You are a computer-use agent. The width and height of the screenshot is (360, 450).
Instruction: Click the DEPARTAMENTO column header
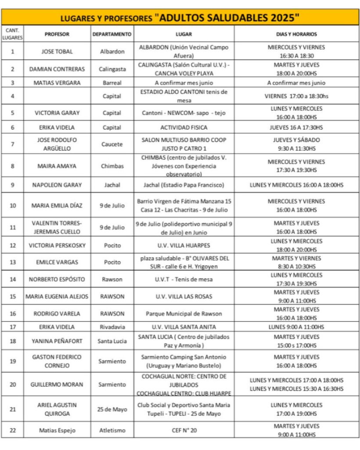coord(112,34)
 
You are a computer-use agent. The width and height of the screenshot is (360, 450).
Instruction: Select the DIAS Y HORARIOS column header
coord(296,34)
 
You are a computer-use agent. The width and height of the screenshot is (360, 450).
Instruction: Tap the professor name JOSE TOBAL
coord(57,51)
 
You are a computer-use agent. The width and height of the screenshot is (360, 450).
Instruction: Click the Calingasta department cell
coord(112,69)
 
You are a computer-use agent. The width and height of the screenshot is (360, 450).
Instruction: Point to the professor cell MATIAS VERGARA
coord(57,83)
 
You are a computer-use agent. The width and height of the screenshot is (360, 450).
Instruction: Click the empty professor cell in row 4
coord(57,96)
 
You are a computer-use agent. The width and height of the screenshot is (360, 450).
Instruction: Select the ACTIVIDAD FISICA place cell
coord(184,127)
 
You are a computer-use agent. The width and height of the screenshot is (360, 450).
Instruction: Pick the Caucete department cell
coord(112,144)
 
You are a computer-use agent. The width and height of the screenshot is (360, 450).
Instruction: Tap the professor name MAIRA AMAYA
coord(57,166)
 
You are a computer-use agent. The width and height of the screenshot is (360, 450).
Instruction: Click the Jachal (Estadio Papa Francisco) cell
coord(184,185)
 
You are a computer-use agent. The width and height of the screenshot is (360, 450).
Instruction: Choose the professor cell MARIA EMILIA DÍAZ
coord(57,205)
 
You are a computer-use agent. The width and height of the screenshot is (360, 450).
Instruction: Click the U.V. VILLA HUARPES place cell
coord(184,245)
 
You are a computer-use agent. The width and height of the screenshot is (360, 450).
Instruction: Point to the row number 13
coord(13,262)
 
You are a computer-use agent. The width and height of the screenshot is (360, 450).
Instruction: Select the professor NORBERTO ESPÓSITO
coord(57,279)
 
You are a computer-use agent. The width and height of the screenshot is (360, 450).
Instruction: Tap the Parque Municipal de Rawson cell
coord(184,314)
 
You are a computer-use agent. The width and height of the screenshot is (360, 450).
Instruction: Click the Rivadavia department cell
coord(112,327)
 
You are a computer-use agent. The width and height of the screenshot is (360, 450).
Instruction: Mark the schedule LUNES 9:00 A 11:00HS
coord(296,327)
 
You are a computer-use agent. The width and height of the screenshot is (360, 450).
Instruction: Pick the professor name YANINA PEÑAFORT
coord(57,341)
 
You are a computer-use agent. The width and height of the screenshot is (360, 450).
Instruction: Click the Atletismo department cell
coord(112,431)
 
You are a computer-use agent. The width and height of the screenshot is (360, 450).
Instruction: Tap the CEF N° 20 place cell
coord(184,431)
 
